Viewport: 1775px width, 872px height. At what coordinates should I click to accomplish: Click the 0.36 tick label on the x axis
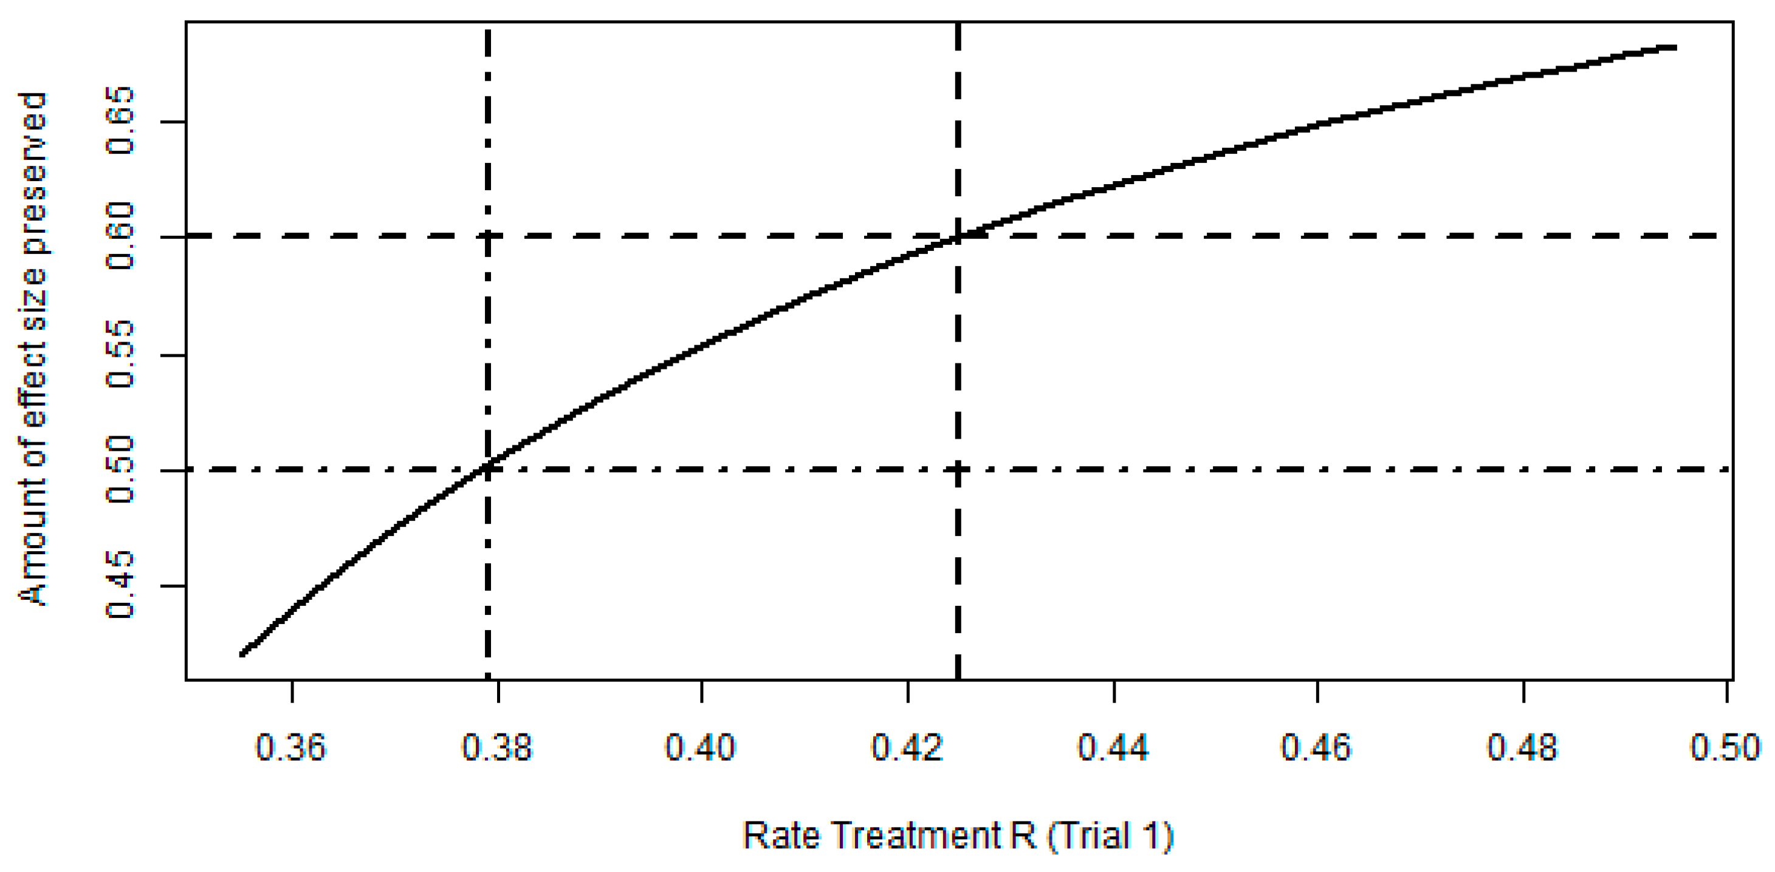[x=290, y=747]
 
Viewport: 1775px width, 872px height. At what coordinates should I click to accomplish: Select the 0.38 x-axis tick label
[x=496, y=747]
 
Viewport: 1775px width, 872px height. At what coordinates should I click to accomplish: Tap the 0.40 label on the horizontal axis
[x=700, y=747]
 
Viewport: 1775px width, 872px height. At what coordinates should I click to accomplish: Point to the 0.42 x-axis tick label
[x=907, y=747]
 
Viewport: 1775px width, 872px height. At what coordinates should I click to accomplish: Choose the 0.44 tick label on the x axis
[x=1113, y=747]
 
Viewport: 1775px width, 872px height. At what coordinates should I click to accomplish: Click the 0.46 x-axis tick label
[x=1316, y=747]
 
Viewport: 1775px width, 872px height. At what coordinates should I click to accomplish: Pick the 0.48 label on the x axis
[x=1522, y=747]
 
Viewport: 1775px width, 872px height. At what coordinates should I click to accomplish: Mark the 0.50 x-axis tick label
[x=1725, y=747]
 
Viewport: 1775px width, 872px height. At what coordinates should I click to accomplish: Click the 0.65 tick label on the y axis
[x=120, y=120]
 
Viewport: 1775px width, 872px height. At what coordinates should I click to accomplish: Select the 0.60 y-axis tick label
[x=120, y=236]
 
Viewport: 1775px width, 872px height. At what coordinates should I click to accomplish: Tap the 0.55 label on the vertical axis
[x=120, y=354]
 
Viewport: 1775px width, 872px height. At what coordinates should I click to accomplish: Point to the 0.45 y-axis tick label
[x=120, y=585]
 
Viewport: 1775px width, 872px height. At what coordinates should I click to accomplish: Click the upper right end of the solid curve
[x=1674, y=47]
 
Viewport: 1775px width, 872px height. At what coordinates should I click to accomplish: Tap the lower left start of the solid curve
[x=242, y=654]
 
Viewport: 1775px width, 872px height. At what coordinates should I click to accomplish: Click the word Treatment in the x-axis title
[x=916, y=836]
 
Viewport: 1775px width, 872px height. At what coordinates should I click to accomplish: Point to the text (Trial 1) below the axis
[x=1110, y=836]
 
